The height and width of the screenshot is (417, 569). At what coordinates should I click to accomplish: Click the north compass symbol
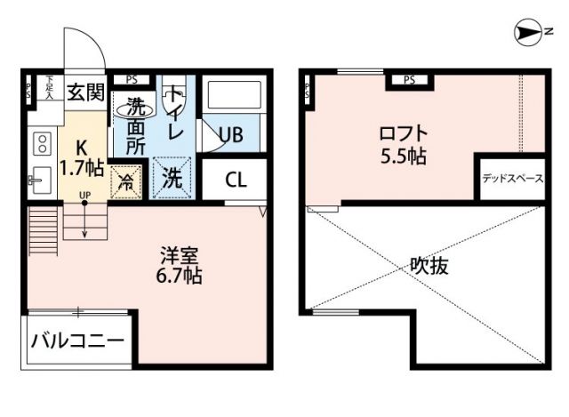[x=531, y=35]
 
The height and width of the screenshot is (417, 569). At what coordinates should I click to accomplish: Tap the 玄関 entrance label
[x=86, y=91]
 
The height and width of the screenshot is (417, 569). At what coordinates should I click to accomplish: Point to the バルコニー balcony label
[x=78, y=341]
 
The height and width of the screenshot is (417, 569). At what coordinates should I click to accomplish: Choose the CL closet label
[x=236, y=180]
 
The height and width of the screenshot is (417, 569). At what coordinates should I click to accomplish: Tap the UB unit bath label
[x=231, y=135]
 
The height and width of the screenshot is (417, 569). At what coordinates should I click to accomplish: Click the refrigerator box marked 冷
[x=125, y=181]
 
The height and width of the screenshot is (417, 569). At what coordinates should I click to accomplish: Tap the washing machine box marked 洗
[x=173, y=176]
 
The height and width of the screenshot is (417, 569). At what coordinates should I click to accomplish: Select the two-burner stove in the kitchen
[x=42, y=142]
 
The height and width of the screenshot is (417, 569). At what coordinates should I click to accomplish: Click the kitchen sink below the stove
[x=41, y=181]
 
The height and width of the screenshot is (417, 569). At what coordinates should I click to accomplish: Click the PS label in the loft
[x=409, y=81]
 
